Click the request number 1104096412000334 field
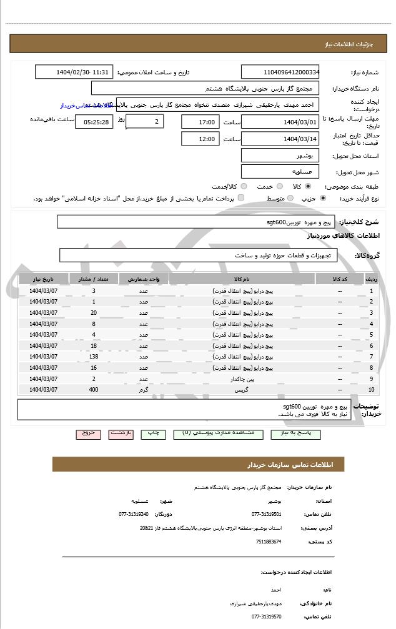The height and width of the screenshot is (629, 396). pyautogui.click(x=280, y=72)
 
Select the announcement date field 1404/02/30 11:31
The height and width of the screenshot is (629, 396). pyautogui.click(x=74, y=72)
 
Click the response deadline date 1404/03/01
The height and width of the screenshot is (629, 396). pyautogui.click(x=280, y=122)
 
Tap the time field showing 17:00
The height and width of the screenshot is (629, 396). pyautogui.click(x=200, y=122)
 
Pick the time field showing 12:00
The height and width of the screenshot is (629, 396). pyautogui.click(x=200, y=139)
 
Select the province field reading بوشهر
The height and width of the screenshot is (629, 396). pyautogui.click(x=280, y=156)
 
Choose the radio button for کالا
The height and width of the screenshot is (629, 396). pyautogui.click(x=308, y=187)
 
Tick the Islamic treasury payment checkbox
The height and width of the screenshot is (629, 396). pyautogui.click(x=241, y=198)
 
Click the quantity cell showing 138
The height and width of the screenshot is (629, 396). pyautogui.click(x=94, y=357)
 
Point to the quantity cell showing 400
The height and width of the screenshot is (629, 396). pyautogui.click(x=94, y=390)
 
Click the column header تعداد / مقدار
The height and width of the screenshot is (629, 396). pyautogui.click(x=94, y=279)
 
